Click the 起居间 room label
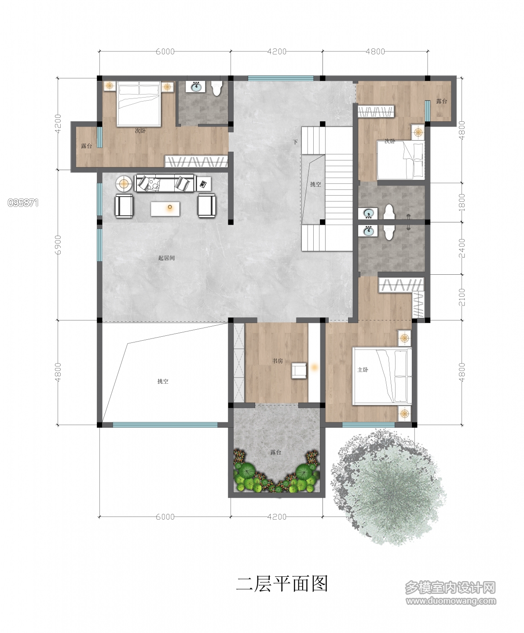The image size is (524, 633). (x=166, y=258)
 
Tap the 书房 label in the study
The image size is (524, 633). (x=277, y=361)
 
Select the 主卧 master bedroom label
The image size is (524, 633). (x=363, y=370)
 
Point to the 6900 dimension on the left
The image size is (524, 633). (x=58, y=245)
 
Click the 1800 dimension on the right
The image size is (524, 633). (x=462, y=203)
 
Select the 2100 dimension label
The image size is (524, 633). (x=462, y=297)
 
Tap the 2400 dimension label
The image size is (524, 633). (x=462, y=248)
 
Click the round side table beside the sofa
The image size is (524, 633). (x=124, y=184)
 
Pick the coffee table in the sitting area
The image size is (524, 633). (x=165, y=208)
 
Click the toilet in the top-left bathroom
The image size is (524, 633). (x=216, y=88)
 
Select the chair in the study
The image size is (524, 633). (x=299, y=371)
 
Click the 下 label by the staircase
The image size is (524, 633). (x=295, y=142)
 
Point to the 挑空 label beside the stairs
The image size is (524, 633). (x=315, y=184)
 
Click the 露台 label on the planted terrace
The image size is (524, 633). (x=276, y=452)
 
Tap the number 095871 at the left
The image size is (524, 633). (x=23, y=203)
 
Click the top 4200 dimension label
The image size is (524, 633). (x=277, y=51)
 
